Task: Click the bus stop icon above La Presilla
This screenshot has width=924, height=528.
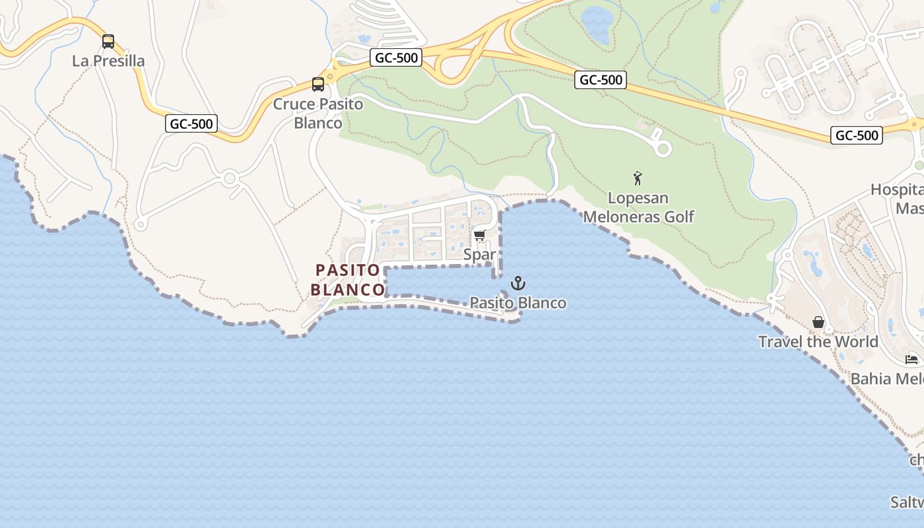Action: (108, 42)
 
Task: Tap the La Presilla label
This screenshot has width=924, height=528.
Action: (108, 61)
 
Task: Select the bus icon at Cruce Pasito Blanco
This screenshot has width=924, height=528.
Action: (318, 84)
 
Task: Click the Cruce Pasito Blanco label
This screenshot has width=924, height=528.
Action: (318, 114)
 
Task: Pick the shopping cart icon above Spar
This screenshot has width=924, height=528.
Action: (480, 235)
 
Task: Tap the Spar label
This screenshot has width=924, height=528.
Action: (480, 254)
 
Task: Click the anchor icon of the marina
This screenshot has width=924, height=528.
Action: (519, 284)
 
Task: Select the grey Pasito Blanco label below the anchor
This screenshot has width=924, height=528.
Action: (518, 303)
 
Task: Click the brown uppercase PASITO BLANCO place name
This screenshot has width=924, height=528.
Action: (348, 280)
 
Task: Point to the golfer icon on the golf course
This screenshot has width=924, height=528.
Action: (638, 178)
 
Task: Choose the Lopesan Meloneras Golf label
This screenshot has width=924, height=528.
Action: (638, 207)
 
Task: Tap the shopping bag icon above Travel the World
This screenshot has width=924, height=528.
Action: (818, 322)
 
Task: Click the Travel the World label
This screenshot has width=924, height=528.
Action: (818, 342)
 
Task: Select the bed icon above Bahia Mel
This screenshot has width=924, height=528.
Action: (912, 360)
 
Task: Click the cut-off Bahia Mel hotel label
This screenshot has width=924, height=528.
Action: (887, 379)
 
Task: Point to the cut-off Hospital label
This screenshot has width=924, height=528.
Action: (898, 199)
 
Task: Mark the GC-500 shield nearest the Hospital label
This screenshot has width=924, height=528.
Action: (857, 135)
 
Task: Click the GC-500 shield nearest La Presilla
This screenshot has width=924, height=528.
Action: (191, 123)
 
